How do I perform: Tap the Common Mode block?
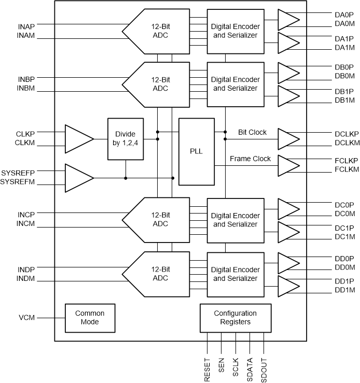point(90,317)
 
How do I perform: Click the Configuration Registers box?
point(235,317)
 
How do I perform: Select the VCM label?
point(26,317)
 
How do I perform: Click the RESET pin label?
point(207,370)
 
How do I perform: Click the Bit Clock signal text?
point(252,132)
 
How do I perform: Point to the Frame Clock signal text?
point(250,159)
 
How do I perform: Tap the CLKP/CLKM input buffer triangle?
point(78,138)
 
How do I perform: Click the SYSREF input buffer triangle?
point(78,178)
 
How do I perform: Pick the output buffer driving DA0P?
point(288,20)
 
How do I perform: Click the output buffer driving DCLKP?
point(288,138)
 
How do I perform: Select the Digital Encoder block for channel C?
point(235,220)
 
